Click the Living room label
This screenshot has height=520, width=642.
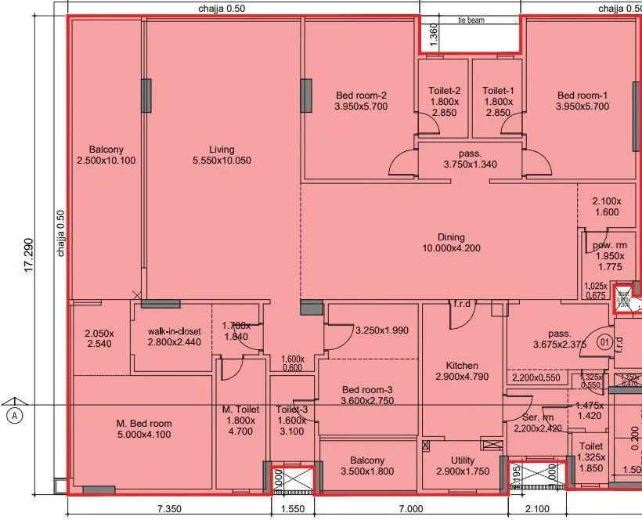[222, 150]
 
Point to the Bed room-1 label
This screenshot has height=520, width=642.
[582, 96]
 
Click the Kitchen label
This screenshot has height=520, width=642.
[462, 366]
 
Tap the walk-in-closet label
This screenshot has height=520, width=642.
[175, 330]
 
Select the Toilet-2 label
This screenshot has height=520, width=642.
[444, 91]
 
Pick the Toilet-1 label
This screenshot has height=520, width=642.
[498, 91]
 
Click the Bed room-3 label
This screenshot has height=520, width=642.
[367, 390]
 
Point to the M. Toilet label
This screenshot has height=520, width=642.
[240, 409]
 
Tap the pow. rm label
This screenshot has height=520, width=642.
[609, 246]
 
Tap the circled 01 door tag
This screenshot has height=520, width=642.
[604, 342]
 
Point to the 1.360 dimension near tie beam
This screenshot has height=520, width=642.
[433, 34]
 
